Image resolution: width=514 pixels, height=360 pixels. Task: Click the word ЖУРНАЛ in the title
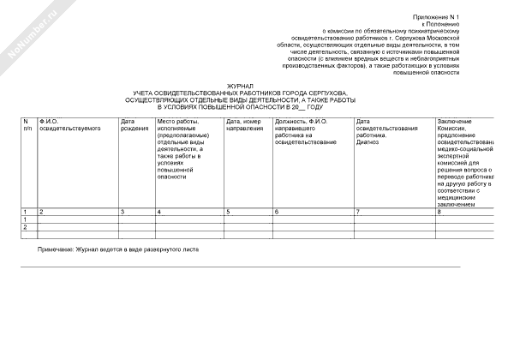pos(241,87)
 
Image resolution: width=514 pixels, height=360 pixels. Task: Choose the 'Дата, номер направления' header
pos(243,125)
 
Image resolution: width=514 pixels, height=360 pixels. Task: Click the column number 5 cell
pos(228,211)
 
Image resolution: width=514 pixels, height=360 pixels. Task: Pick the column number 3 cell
pos(123,211)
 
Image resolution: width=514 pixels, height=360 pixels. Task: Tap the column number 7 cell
pos(358,211)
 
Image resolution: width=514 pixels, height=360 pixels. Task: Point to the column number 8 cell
pos(439,211)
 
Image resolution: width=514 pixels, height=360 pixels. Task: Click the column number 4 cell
pos(159,211)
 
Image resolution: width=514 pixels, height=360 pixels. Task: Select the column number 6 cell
pos(276,211)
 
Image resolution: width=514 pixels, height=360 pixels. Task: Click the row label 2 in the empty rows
pos(25,227)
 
